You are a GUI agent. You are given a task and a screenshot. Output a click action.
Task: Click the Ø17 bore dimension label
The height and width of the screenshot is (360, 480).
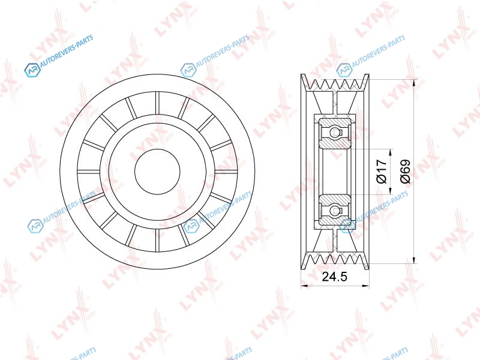[x=382, y=172]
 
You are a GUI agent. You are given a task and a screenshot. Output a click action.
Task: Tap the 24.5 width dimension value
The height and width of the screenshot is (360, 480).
[x=335, y=277]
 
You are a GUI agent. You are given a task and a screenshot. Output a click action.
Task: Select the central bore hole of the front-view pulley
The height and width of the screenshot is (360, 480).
[x=157, y=172]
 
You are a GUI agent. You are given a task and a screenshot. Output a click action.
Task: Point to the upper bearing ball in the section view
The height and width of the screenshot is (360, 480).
[x=335, y=133]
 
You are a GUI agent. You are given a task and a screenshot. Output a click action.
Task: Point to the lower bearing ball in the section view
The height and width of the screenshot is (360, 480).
[x=335, y=210]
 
